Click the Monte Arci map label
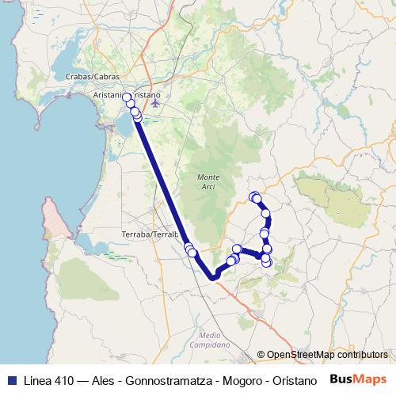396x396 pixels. pyautogui.click(x=208, y=181)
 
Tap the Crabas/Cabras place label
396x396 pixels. pyautogui.click(x=94, y=76)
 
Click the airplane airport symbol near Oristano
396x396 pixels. pyautogui.click(x=155, y=101)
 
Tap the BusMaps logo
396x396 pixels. pyautogui.click(x=357, y=379)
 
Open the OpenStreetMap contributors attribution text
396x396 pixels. pyautogui.click(x=326, y=355)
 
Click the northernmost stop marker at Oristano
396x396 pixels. pyautogui.click(x=127, y=97)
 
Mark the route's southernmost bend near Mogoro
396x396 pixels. pyautogui.click(x=213, y=276)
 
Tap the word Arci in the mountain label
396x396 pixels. pyautogui.click(x=208, y=185)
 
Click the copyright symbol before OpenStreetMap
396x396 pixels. pyautogui.click(x=261, y=355)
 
